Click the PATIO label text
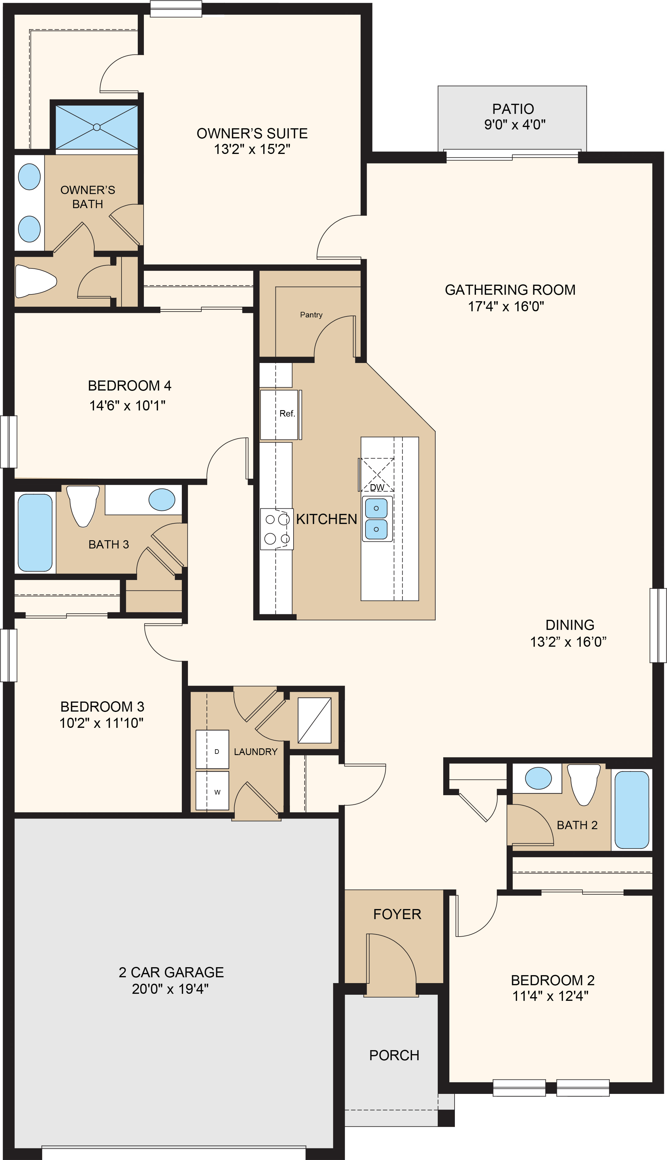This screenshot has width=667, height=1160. coord(513,109)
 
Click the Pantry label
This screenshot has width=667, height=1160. coord(311,315)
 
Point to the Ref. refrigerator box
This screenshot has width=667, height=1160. coord(279,414)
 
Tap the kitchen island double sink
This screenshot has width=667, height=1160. coord(377,519)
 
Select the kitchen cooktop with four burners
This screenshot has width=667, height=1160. coord(277,529)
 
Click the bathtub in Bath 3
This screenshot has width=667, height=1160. coord(35,533)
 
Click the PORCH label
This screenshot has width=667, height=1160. coord(394,1055)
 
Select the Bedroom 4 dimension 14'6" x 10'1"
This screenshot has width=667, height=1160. coord(127,405)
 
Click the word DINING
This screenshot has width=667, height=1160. coord(569,625)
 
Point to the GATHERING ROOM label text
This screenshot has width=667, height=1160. coord(510,290)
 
